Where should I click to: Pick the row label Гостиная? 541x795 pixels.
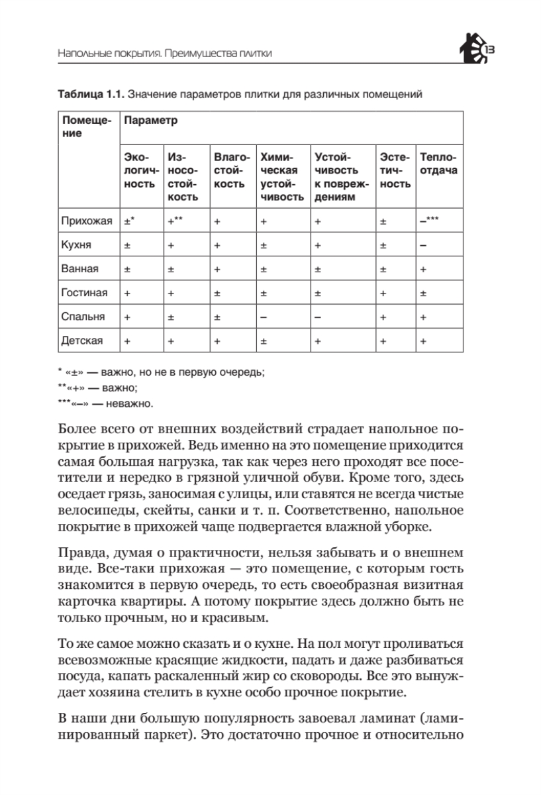pyautogui.click(x=81, y=293)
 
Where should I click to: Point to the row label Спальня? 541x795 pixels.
pyautogui.click(x=81, y=317)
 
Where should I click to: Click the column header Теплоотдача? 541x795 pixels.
pyautogui.click(x=438, y=164)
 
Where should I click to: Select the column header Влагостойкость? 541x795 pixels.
pyautogui.click(x=232, y=171)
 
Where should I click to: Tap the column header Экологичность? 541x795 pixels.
pyautogui.click(x=140, y=171)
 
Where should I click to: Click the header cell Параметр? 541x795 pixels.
pyautogui.click(x=151, y=122)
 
